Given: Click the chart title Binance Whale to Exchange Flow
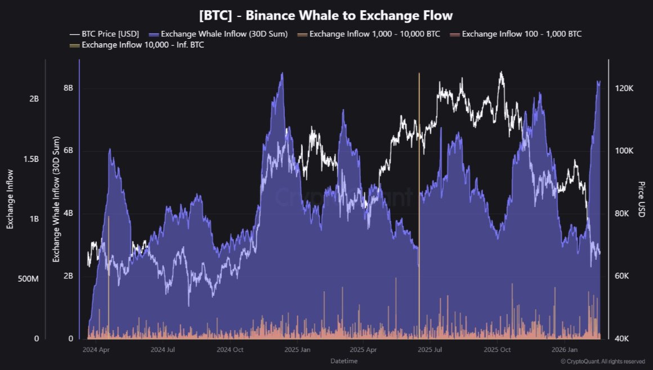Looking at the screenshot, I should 326,15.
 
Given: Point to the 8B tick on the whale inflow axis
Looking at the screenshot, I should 68,88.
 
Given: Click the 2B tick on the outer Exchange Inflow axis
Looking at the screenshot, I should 33,98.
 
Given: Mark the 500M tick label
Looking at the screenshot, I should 28,279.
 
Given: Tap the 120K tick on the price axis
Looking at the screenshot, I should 625,88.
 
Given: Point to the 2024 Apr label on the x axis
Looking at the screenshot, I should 95,350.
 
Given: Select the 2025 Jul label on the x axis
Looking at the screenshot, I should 430,350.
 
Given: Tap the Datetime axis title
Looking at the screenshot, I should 343,360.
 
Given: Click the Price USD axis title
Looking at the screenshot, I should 641,199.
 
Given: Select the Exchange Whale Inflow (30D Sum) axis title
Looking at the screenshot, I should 56,200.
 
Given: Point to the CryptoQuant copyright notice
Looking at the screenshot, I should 603,361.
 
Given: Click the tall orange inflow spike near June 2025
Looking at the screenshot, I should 419,169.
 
